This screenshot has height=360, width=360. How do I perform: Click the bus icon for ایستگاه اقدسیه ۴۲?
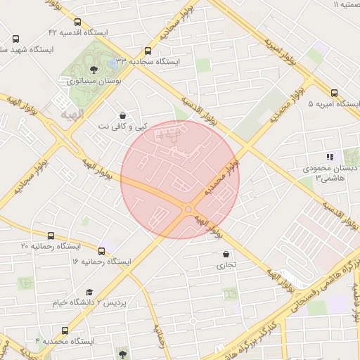click(x=77, y=22)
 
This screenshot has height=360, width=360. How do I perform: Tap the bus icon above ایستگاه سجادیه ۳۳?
click(x=148, y=51)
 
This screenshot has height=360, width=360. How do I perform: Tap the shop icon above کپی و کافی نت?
click(x=123, y=115)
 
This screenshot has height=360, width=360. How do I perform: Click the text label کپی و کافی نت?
click(x=123, y=127)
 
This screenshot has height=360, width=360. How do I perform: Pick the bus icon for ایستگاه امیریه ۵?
click(x=333, y=93)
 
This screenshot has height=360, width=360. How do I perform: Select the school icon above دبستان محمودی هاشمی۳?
click(x=328, y=157)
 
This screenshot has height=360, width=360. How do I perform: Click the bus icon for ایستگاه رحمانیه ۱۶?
click(x=102, y=250)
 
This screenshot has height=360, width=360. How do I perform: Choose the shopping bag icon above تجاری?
click(x=225, y=254)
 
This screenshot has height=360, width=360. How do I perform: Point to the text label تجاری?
click(x=225, y=265)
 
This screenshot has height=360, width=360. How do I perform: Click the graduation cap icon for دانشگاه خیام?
click(x=89, y=292)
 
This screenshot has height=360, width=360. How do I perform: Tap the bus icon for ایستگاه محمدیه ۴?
click(x=65, y=330)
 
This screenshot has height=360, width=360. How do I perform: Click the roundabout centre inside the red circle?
click(x=188, y=209)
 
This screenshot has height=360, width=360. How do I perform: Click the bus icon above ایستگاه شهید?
click(x=15, y=39)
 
